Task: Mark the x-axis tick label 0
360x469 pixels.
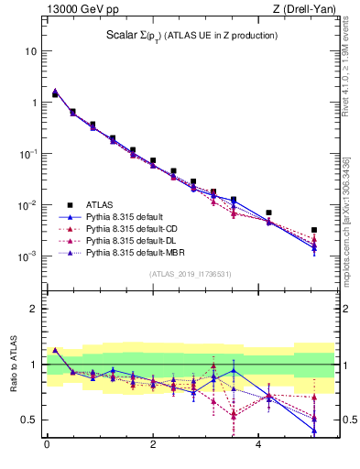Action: click(47, 446)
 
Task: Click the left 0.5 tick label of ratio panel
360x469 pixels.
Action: click(29, 420)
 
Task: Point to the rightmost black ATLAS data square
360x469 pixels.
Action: click(314, 230)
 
